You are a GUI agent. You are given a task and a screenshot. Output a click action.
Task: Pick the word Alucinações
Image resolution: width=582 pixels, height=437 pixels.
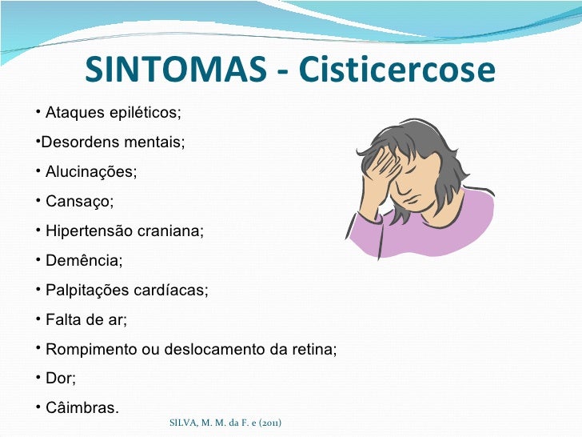tap(90, 172)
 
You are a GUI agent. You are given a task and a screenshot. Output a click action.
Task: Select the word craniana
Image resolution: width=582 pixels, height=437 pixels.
tap(169, 231)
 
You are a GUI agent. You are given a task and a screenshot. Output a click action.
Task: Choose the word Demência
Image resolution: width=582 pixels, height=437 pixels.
tap(84, 261)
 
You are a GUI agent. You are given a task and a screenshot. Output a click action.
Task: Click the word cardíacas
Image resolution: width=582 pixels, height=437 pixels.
tap(172, 291)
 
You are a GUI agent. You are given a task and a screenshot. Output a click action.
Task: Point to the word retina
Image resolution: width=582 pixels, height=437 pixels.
tap(315, 350)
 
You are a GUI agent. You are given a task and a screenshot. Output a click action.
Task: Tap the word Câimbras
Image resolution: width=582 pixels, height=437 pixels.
tap(82, 409)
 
